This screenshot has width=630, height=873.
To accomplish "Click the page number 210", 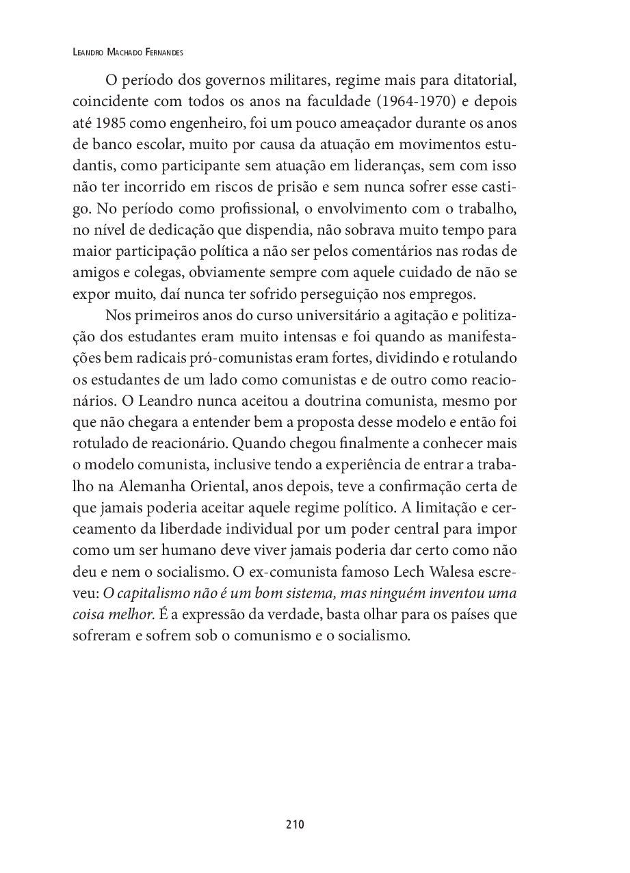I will pos(295,824).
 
